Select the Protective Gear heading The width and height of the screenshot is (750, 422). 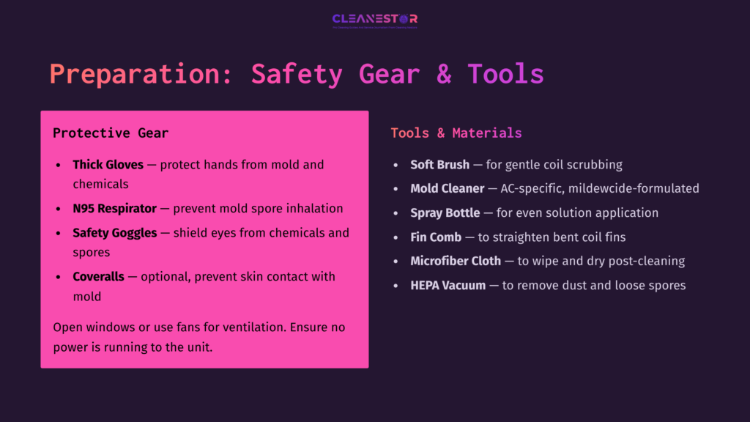[x=111, y=133]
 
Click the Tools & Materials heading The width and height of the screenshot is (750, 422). [x=456, y=133]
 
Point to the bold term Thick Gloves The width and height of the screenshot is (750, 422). [x=108, y=165]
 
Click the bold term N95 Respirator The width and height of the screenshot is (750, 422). [x=114, y=209]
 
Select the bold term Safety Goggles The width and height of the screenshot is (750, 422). [x=114, y=233]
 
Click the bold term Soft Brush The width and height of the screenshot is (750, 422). [x=439, y=165]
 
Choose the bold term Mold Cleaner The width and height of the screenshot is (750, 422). [x=447, y=189]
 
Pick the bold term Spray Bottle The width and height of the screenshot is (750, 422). [x=446, y=213]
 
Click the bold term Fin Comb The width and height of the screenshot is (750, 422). [x=436, y=237]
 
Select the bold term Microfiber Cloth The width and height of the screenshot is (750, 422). [x=456, y=261]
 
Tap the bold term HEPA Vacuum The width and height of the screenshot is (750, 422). [x=448, y=285]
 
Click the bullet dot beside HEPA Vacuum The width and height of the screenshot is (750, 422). [x=396, y=286]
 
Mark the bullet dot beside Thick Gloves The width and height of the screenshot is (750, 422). [x=59, y=166]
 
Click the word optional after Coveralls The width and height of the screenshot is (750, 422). [x=166, y=277]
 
